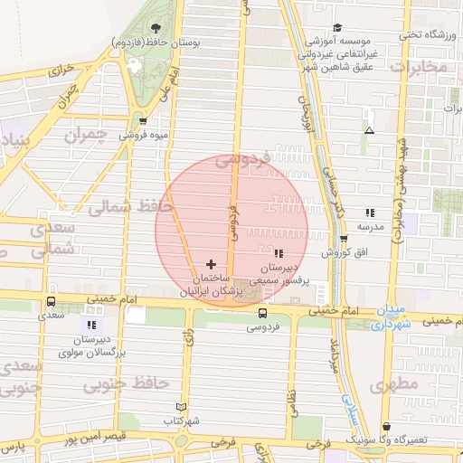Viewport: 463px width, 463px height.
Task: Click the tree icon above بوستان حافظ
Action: (156, 28)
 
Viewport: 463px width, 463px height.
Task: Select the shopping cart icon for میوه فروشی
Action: (143, 120)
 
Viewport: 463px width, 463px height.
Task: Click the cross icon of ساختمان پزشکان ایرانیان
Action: (212, 264)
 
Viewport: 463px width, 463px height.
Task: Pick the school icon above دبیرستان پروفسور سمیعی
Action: (279, 254)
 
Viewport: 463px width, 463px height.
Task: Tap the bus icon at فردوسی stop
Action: (262, 314)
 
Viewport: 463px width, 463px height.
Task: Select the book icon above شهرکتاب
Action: (181, 408)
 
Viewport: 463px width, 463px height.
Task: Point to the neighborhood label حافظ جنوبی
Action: (128, 383)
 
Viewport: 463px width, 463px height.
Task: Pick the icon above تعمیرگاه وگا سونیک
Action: (388, 427)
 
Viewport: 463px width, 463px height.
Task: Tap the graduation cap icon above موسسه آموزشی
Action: (337, 27)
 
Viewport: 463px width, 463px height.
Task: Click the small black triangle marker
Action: (368, 132)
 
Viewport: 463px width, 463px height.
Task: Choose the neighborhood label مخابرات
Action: (418, 67)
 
